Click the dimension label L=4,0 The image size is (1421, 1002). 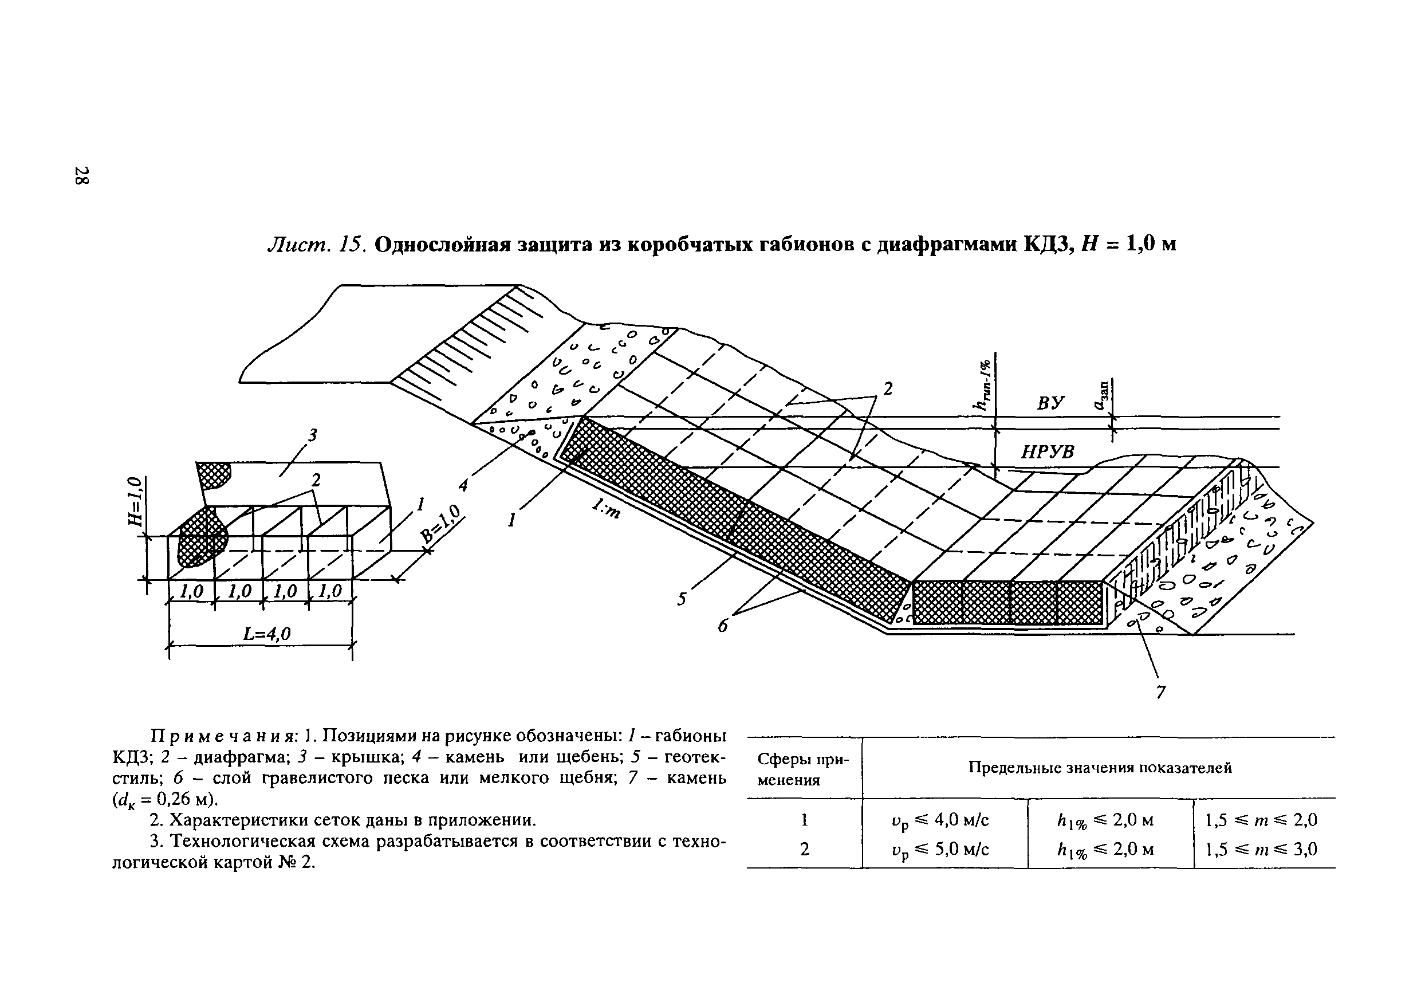coord(267,633)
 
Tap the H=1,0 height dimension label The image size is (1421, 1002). coord(135,501)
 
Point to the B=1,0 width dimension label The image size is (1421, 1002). coord(442,524)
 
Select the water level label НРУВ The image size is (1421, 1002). coord(1047,453)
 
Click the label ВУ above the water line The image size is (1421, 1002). coord(1050,403)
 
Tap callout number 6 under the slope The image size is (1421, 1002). coord(723,626)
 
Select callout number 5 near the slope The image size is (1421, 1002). coord(682,599)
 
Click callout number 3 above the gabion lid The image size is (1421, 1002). coord(313,436)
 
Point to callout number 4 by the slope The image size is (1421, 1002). coord(463,485)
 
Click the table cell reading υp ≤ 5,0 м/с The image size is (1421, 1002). coord(940,849)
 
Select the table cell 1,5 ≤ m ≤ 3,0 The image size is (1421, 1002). coord(1261,848)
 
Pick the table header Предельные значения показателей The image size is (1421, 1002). coord(1100,768)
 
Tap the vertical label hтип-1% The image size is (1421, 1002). coord(982,386)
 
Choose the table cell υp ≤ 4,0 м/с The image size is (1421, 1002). coord(940,820)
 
